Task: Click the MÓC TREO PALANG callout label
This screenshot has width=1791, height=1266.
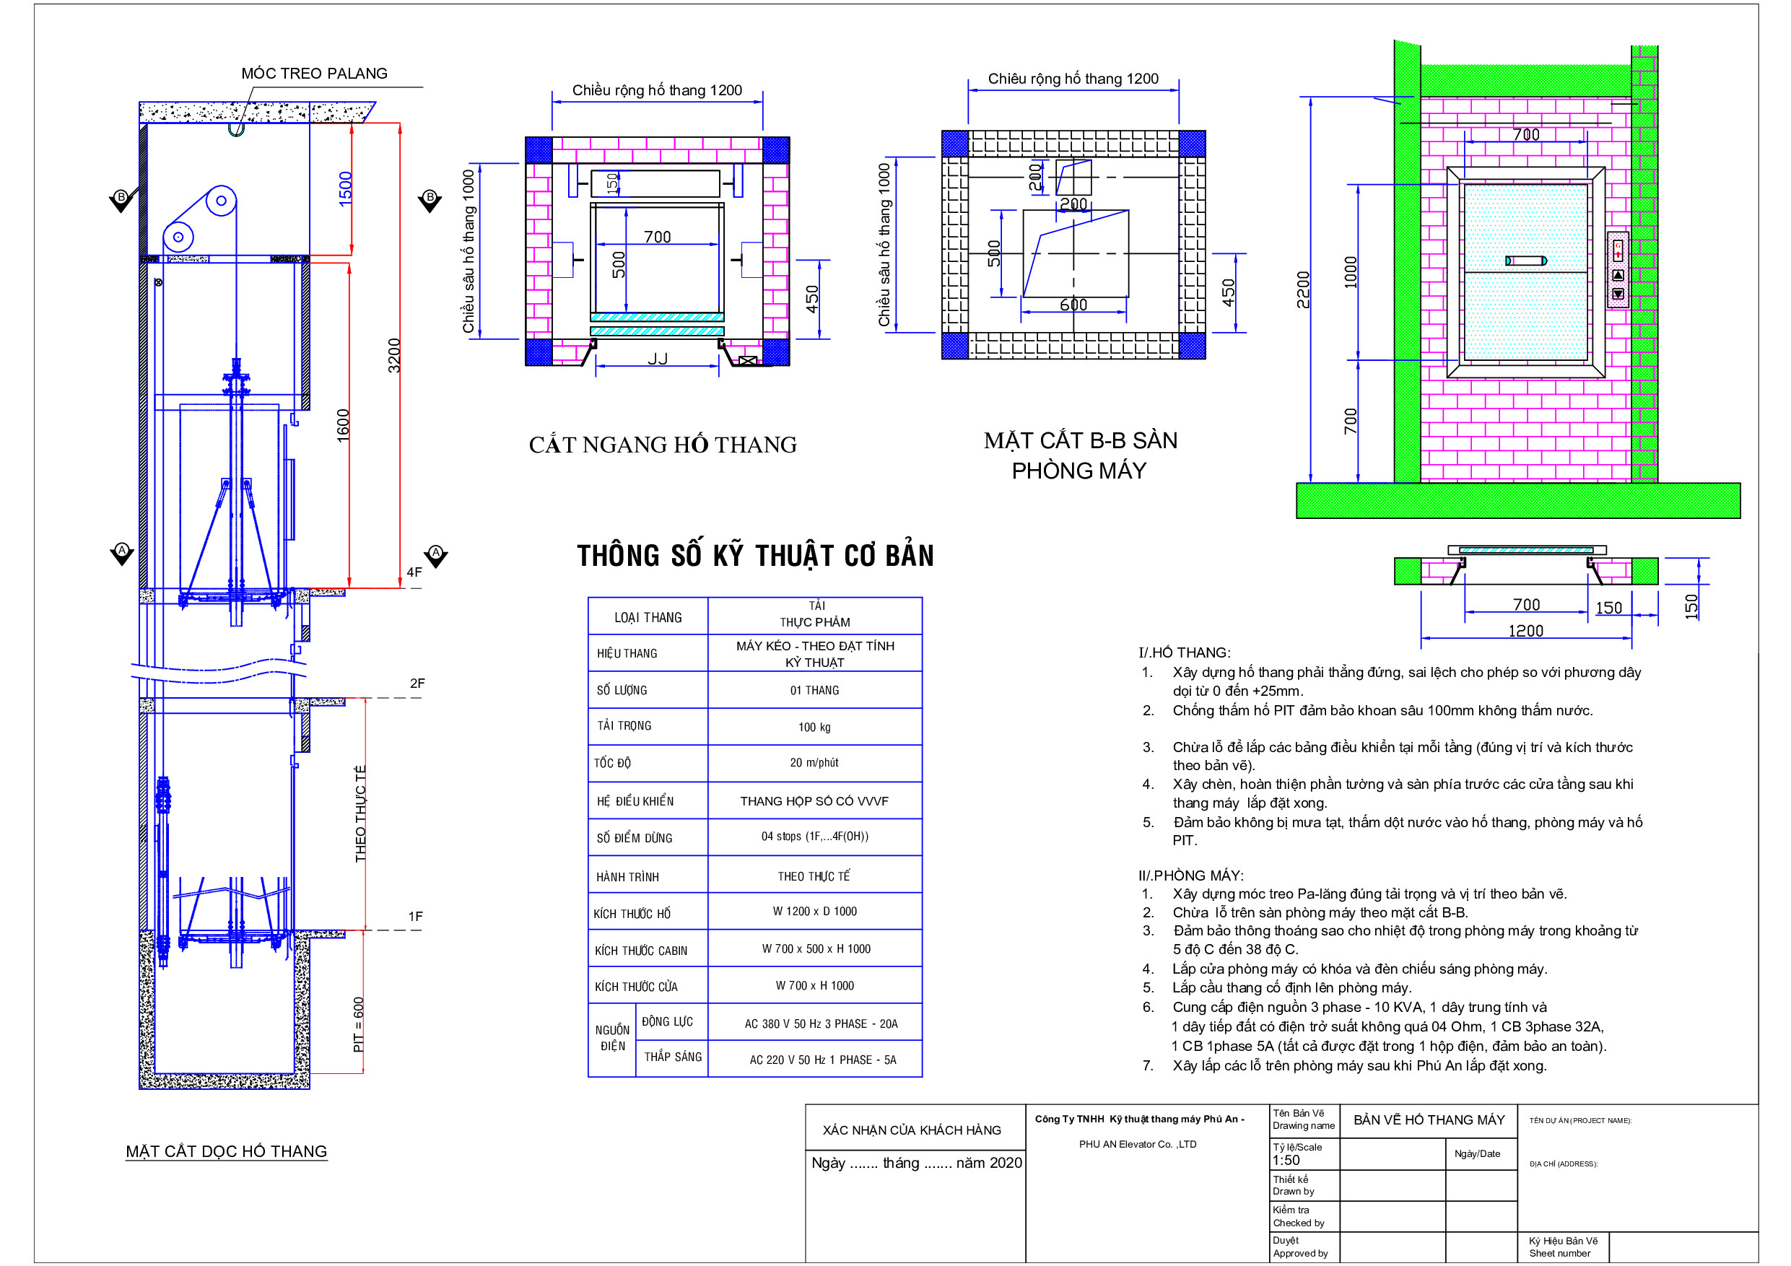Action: (314, 74)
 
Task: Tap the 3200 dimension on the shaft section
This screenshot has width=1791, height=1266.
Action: (395, 355)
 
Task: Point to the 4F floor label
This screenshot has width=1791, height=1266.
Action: (414, 572)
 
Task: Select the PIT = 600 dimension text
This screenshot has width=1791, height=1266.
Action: (359, 1024)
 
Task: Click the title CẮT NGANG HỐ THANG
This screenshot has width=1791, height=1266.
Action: (663, 445)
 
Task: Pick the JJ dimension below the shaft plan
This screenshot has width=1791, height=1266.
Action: (658, 359)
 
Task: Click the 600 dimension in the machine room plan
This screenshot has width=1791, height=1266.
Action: (1073, 305)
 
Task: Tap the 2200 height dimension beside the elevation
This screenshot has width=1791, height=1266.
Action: (1304, 289)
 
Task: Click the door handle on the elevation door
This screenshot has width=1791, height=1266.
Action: (1526, 261)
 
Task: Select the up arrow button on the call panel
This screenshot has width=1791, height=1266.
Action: (1618, 275)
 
